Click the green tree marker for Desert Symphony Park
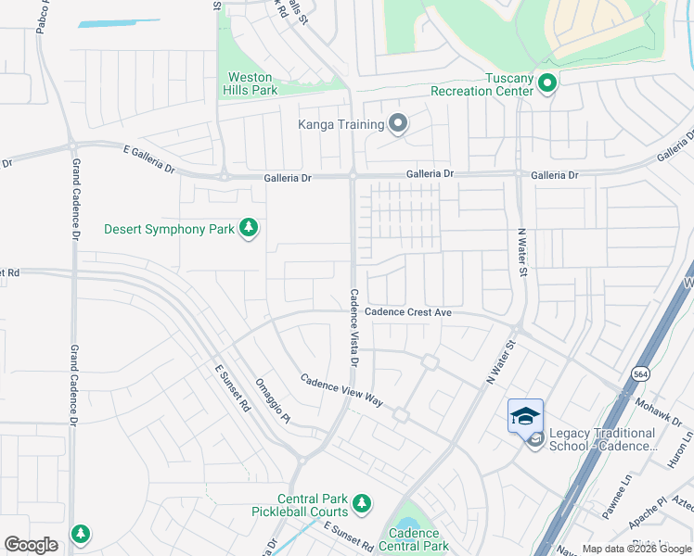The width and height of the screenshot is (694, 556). (x=248, y=227)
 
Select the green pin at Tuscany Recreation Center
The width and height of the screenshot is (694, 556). (x=546, y=84)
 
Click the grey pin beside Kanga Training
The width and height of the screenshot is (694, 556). (x=398, y=123)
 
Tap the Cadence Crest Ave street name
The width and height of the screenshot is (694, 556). (x=407, y=313)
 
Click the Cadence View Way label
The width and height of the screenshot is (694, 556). (x=342, y=389)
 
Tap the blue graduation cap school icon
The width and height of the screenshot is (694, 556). (x=525, y=416)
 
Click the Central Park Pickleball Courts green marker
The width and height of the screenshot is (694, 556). (x=362, y=504)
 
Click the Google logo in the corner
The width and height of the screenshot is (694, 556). (x=31, y=545)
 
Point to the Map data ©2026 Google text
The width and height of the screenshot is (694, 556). (x=636, y=549)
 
